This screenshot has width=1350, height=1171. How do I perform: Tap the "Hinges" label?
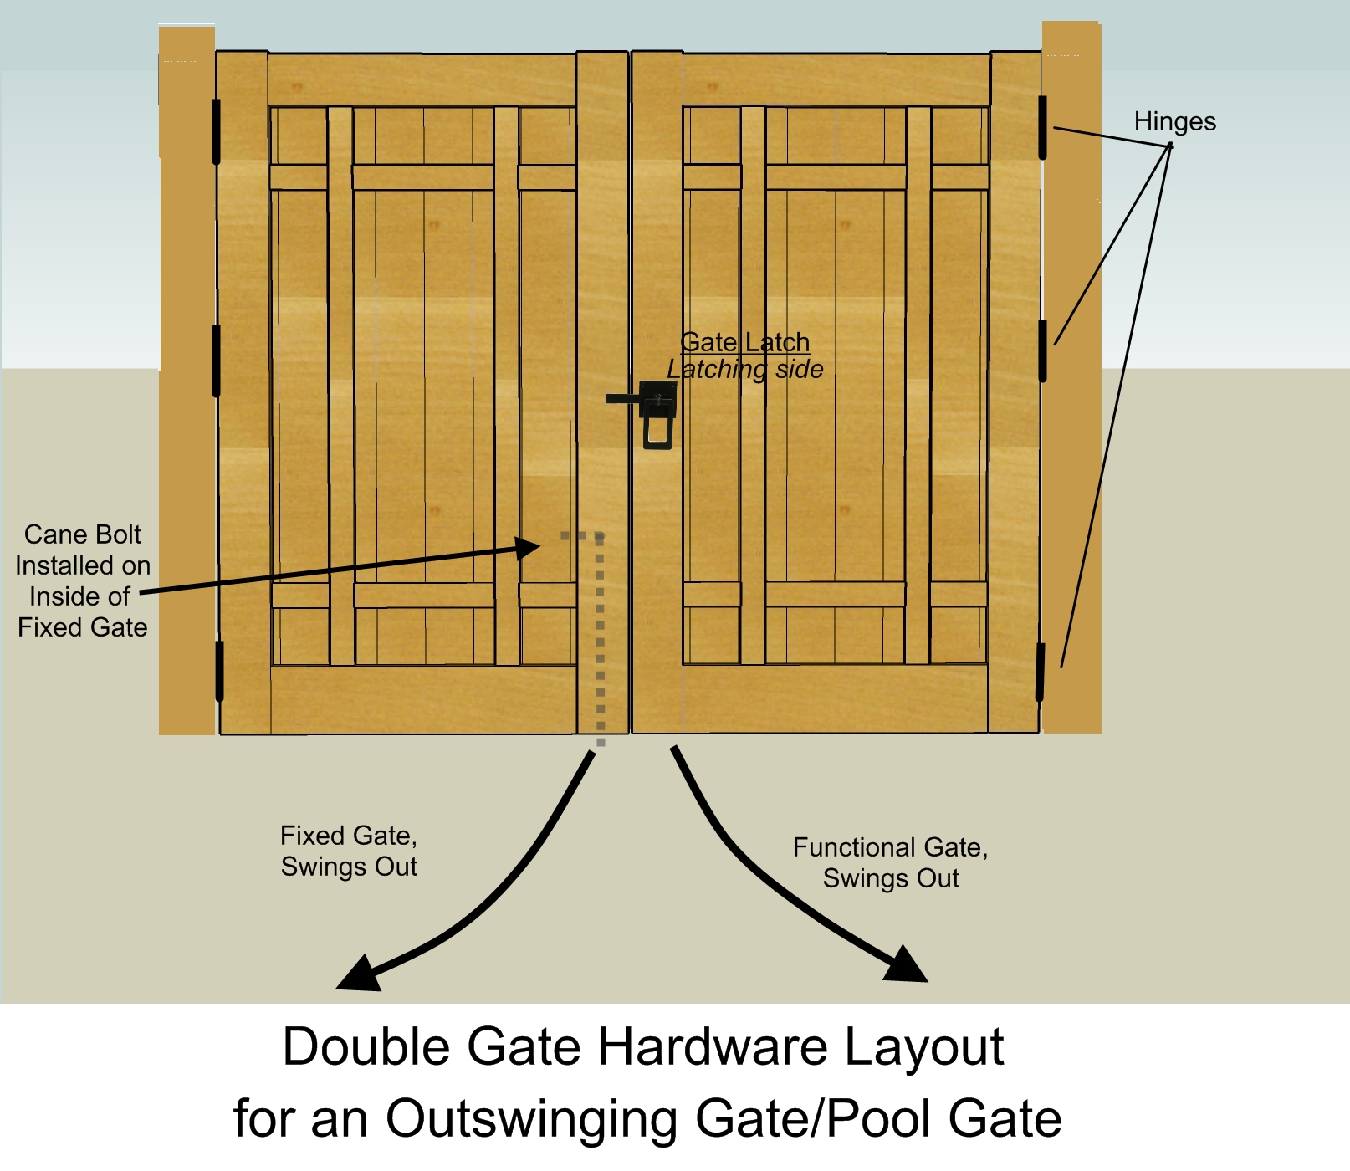[1174, 122]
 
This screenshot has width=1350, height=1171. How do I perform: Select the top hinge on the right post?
[1043, 127]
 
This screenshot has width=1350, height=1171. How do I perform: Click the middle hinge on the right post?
[1043, 350]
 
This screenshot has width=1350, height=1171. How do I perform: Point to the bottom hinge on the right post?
[1041, 672]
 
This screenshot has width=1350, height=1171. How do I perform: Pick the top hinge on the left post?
[216, 131]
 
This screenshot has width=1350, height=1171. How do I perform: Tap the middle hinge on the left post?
[216, 361]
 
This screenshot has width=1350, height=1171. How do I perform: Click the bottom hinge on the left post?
[219, 671]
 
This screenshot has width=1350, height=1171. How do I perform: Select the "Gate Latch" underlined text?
[744, 342]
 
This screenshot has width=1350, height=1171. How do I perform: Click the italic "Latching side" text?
[744, 369]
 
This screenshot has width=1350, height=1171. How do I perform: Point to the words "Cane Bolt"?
[82, 534]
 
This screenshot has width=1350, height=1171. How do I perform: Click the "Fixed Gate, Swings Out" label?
[349, 851]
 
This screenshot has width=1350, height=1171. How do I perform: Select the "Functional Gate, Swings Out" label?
[890, 862]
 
